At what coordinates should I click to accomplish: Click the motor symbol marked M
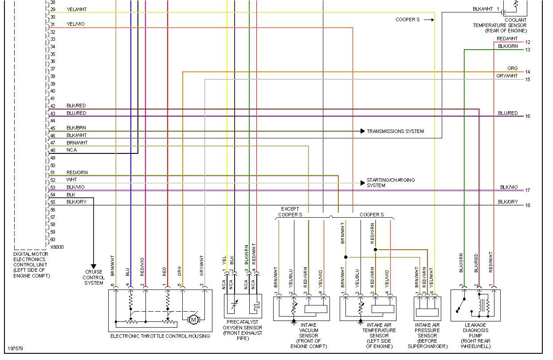point(193,319)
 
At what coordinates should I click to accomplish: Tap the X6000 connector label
point(56,247)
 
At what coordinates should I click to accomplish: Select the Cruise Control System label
point(94,278)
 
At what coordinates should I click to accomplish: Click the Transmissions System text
point(395,131)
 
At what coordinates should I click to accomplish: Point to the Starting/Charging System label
point(391,183)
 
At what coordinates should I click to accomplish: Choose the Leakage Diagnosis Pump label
point(476,336)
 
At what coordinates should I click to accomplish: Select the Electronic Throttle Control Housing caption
point(160,336)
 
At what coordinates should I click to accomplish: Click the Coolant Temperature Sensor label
point(500,25)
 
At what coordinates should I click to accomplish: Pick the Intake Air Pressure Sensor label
point(427,336)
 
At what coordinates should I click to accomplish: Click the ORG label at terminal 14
point(512,69)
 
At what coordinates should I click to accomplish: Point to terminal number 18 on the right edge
point(527,205)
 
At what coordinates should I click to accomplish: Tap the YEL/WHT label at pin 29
point(76,10)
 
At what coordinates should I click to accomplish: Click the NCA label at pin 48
point(71,150)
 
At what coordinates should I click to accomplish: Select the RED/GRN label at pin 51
point(77,172)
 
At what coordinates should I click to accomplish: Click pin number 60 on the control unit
point(52,240)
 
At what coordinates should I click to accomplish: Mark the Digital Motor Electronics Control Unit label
point(31,265)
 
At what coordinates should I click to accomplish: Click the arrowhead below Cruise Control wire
point(94,266)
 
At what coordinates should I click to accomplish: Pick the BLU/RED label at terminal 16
point(508,113)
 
